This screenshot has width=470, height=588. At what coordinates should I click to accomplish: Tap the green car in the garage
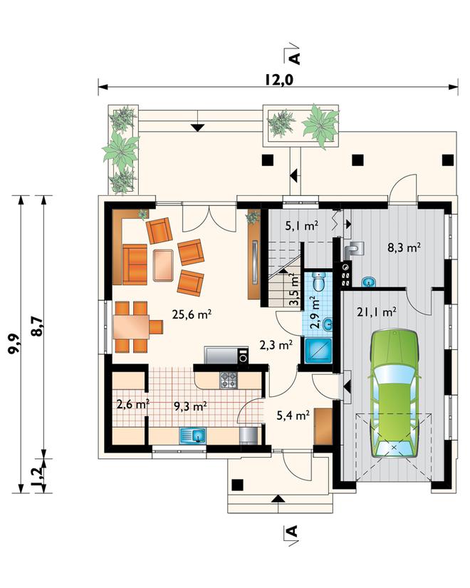coord(394,393)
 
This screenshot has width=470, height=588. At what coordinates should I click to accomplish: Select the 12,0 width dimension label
coord(278,80)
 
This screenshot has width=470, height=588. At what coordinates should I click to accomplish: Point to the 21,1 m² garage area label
coord(377,311)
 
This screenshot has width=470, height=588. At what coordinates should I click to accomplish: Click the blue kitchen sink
coord(193,435)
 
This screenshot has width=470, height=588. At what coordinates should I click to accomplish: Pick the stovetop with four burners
coord(229,380)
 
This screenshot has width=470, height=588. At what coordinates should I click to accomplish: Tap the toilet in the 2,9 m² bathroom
coord(320,282)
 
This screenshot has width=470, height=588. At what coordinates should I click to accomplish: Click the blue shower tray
coord(318,351)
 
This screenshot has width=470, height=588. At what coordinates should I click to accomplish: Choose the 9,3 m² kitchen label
coord(191,406)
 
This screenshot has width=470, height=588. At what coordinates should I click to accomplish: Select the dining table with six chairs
coord(137,327)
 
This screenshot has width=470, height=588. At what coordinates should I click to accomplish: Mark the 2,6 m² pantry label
coord(133,405)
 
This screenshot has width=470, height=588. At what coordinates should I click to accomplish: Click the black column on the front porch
coord(238,485)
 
